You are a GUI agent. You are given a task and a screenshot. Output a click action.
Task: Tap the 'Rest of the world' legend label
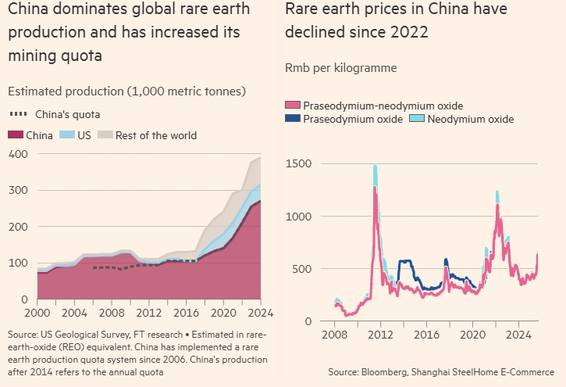[156, 135]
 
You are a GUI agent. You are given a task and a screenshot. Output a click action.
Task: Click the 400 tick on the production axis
[16, 154]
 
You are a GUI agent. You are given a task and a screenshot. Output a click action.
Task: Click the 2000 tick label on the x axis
[37, 314]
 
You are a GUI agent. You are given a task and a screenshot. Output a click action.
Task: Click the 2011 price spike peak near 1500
[375, 167]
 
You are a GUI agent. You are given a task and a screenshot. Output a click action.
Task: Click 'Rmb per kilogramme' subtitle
[340, 68]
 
